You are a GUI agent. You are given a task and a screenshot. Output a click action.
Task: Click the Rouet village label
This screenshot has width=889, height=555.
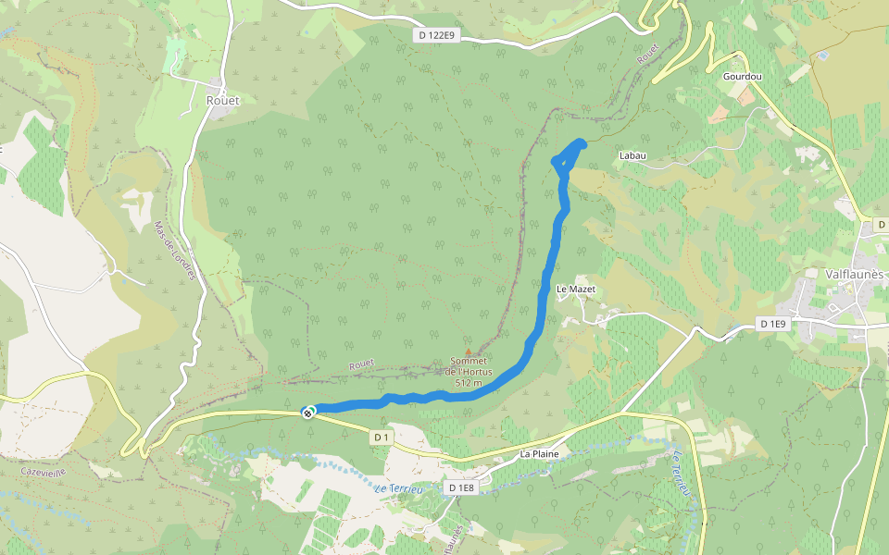[x=222, y=100]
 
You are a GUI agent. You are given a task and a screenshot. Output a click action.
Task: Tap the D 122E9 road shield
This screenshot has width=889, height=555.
[x=436, y=35]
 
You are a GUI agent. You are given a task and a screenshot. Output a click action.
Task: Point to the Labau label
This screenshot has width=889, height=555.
[x=632, y=155]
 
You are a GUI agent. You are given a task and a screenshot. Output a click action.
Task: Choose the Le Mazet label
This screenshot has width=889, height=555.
[x=575, y=290]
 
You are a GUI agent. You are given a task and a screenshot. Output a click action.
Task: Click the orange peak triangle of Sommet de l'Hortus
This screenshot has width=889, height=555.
[x=468, y=351]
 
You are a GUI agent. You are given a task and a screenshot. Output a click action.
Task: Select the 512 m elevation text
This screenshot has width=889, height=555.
[x=469, y=382]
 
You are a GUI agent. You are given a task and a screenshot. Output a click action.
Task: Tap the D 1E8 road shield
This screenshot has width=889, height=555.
[x=460, y=487]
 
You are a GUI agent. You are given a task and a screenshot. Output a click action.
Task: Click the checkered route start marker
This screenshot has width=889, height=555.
[x=307, y=413]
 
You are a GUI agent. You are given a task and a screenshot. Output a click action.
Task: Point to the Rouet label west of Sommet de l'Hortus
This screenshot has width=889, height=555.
[x=361, y=365]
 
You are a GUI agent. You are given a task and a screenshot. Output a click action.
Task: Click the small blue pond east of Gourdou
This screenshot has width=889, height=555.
[x=822, y=56]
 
